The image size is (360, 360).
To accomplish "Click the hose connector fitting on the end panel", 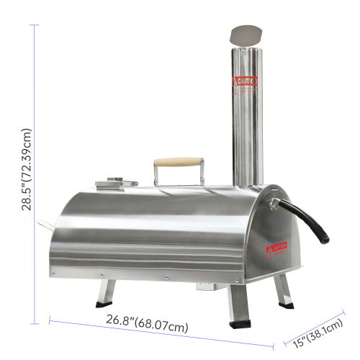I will pos(273,204).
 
